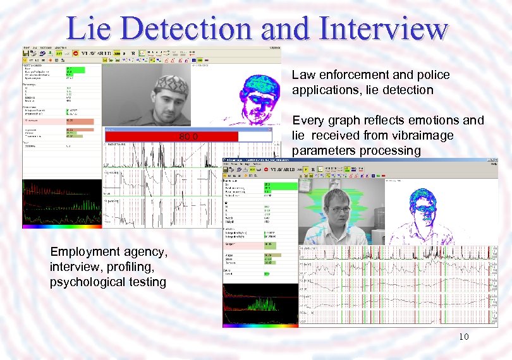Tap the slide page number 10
click(464, 337)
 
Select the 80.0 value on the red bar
click(188, 136)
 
